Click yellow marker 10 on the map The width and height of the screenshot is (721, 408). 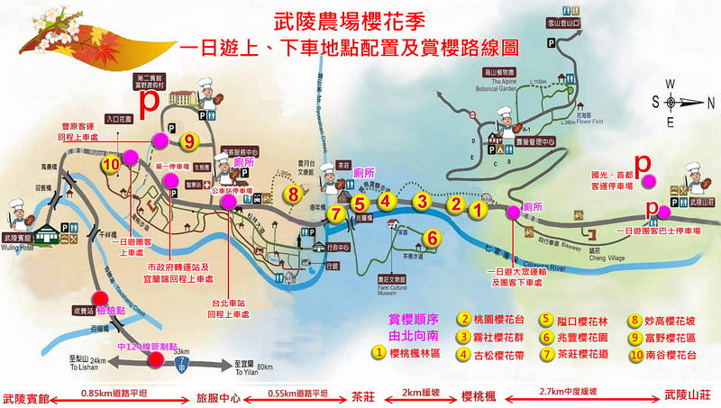(x=112, y=165)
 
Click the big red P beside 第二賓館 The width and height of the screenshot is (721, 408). (x=146, y=98)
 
